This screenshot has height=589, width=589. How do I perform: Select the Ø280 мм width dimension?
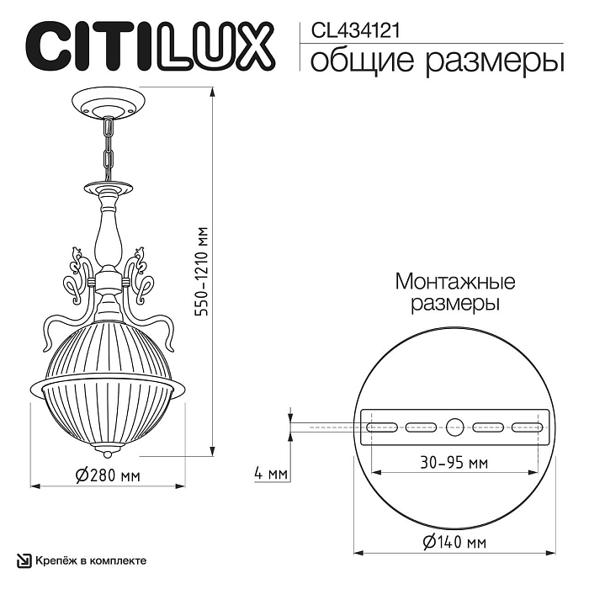coord(107,475)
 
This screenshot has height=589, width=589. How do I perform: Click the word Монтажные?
coord(455,281)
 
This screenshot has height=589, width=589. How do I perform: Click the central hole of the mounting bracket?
coord(455,426)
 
